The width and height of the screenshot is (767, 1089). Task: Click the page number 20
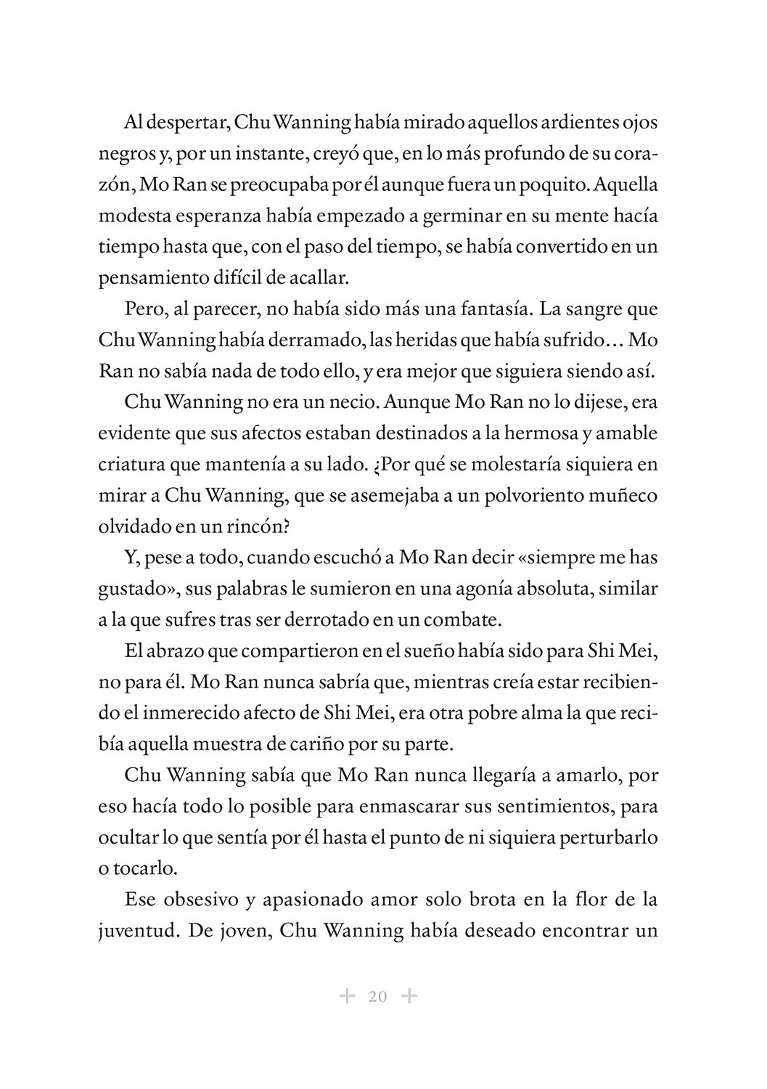(377, 996)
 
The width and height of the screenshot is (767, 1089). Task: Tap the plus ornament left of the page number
(346, 995)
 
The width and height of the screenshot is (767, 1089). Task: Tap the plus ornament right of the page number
(409, 995)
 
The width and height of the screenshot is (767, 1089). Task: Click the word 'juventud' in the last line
(136, 931)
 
